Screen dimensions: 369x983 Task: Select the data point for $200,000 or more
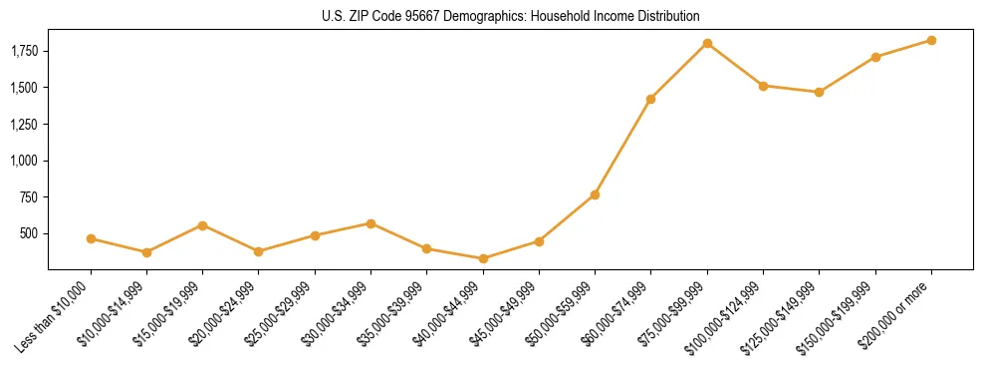tap(931, 40)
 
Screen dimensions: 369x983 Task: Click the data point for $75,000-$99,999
tap(707, 43)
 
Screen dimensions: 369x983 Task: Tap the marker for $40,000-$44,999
tap(483, 258)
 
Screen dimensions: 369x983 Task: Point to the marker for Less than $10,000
tap(91, 238)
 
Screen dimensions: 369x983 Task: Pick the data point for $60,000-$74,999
tap(651, 99)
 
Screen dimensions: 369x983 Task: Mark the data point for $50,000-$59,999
tap(595, 194)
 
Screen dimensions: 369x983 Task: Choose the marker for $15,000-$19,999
tap(203, 225)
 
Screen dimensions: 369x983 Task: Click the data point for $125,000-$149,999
tap(819, 92)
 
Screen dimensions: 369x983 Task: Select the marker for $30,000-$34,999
tap(370, 223)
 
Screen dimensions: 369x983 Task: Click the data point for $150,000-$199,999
tap(875, 57)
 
